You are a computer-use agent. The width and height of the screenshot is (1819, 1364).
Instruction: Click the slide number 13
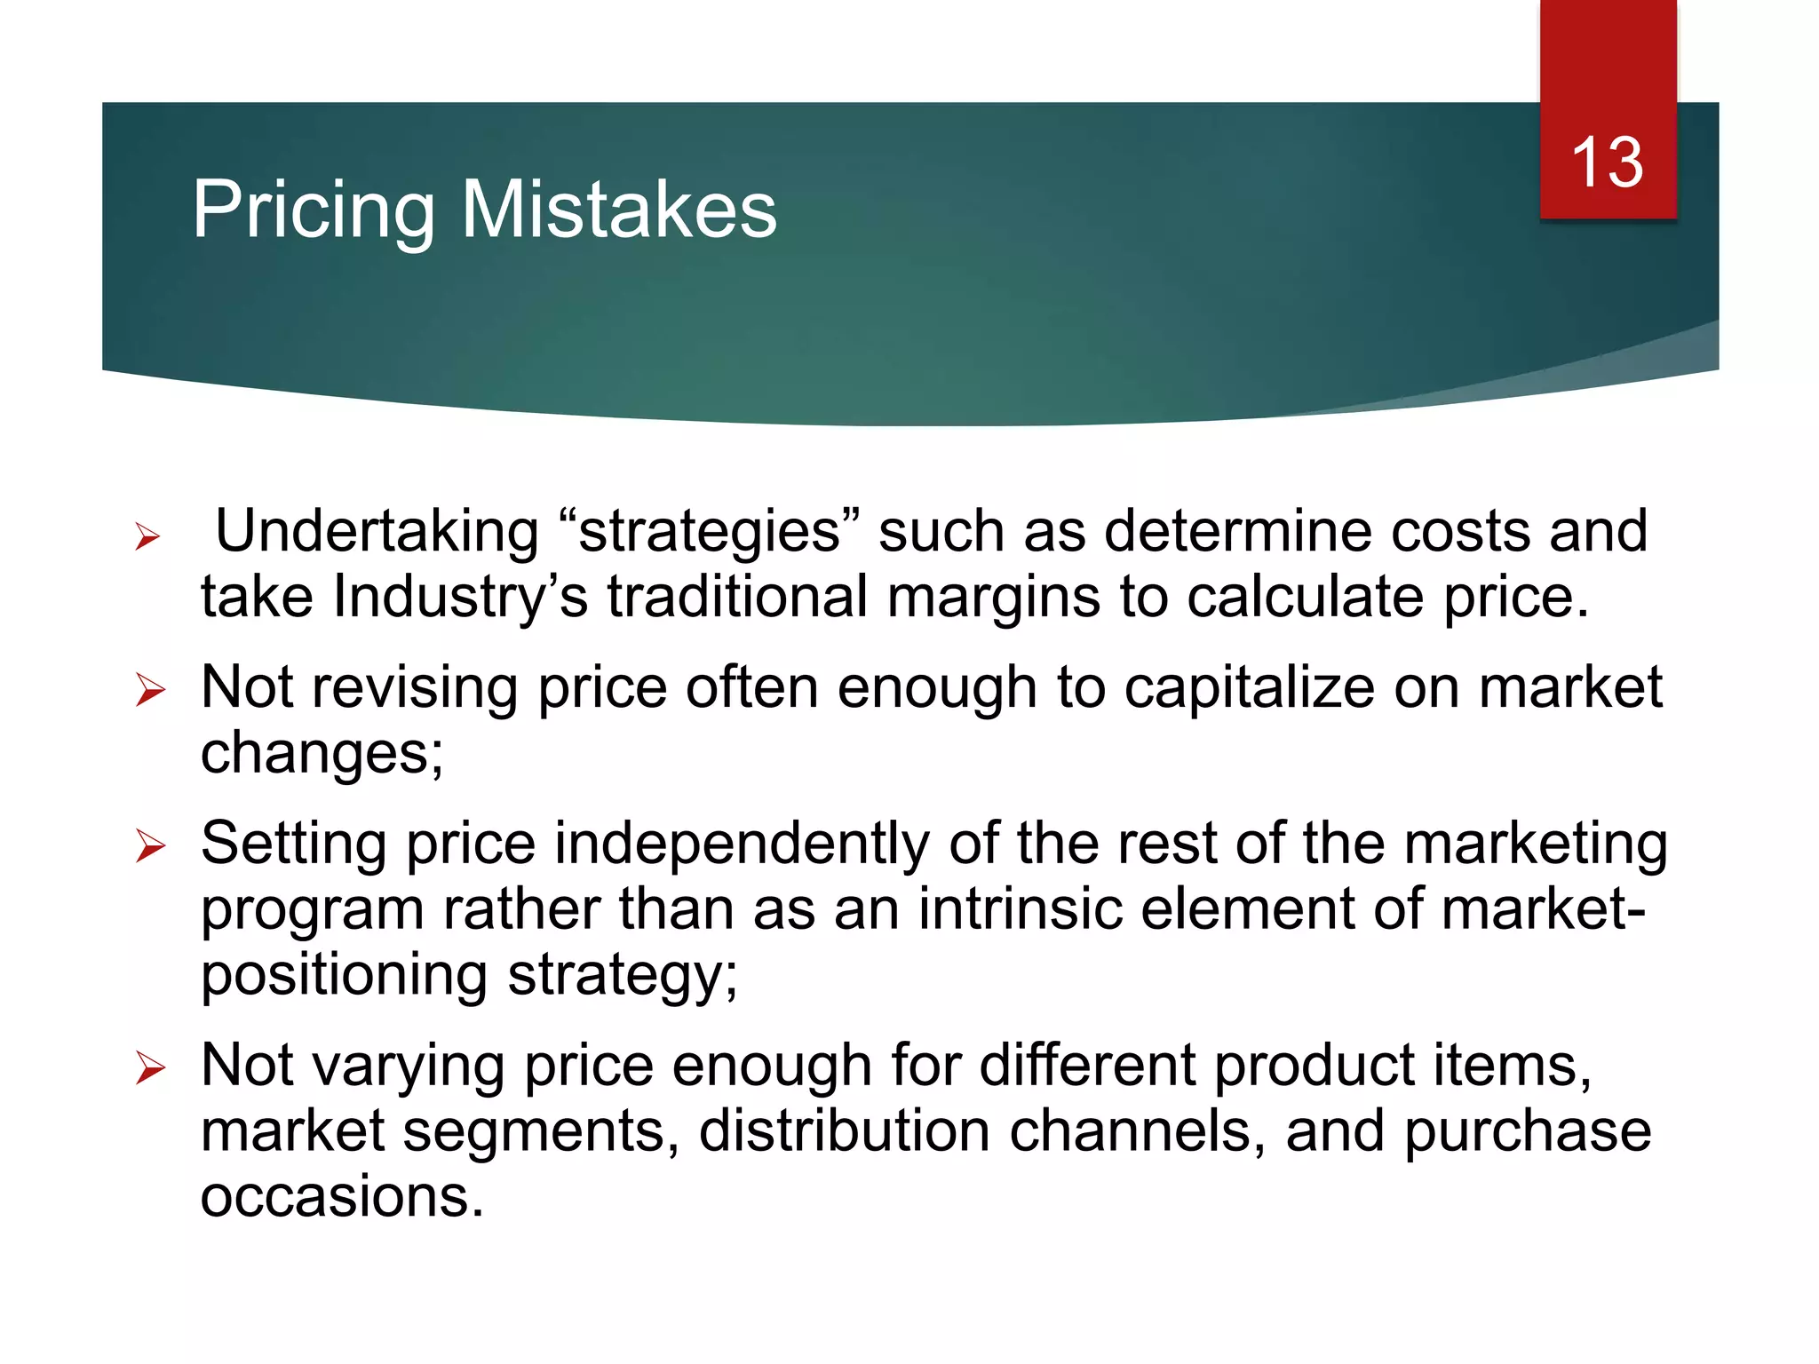[x=1607, y=163]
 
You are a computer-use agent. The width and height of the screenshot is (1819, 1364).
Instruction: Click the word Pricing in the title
[x=314, y=210]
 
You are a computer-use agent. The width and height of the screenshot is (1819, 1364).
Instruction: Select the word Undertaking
[x=377, y=531]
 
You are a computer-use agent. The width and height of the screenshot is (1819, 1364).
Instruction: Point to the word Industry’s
[x=460, y=596]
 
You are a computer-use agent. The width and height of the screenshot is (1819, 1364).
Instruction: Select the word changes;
[x=322, y=754]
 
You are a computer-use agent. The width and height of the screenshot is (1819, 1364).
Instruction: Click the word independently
[x=742, y=843]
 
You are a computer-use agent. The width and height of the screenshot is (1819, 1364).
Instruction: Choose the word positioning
[x=344, y=975]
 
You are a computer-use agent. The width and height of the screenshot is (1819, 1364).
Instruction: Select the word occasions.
[x=342, y=1196]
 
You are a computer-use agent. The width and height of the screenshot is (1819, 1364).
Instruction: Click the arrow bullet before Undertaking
[x=147, y=536]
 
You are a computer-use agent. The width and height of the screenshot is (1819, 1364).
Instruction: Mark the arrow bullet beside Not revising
[x=150, y=691]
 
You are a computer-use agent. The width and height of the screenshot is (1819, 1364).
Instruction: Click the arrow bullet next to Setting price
[x=150, y=845]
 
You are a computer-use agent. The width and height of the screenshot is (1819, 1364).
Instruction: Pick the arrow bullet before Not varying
[x=150, y=1067]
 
